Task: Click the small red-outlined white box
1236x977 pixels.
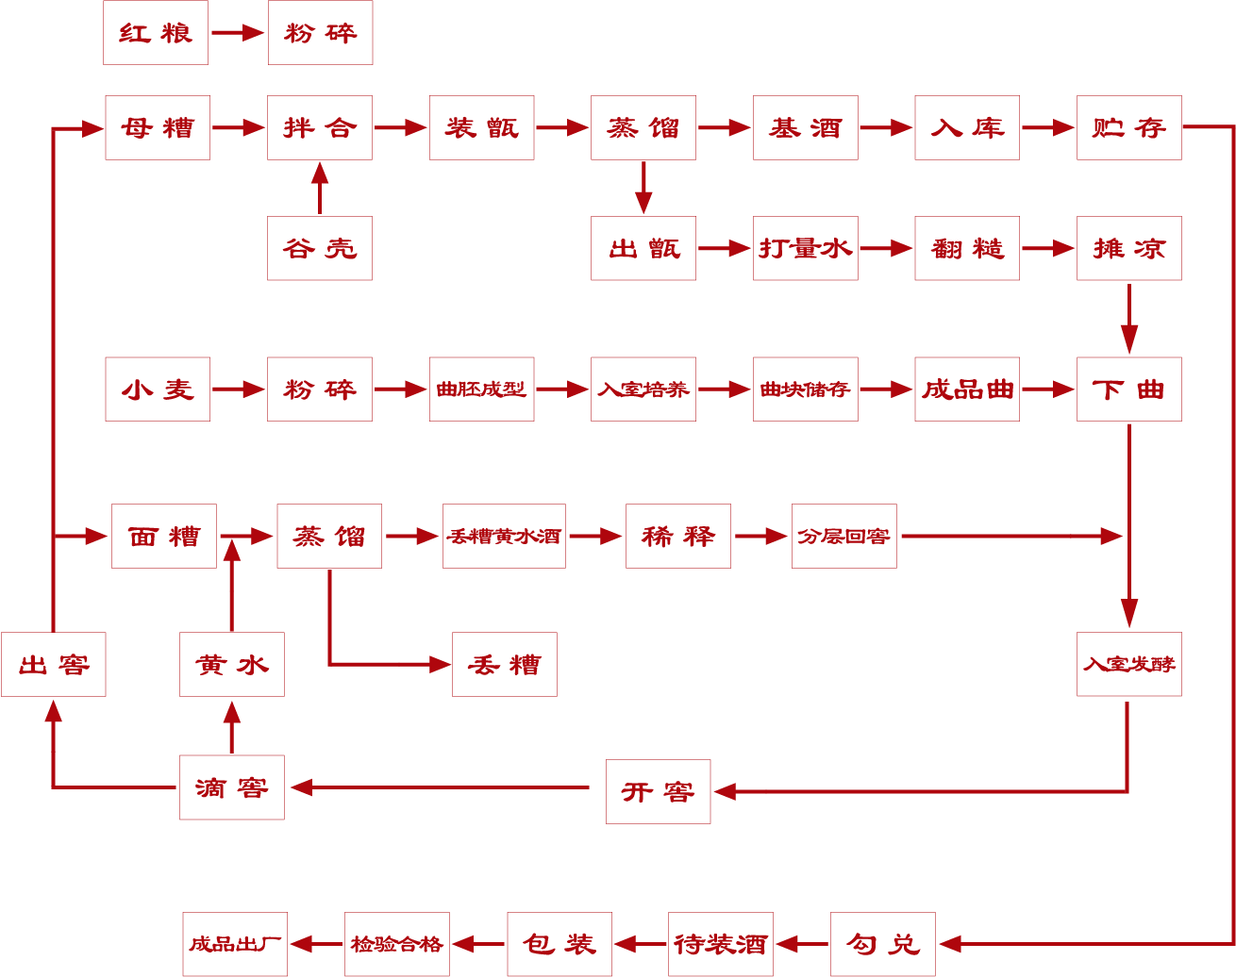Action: [x=8, y=664]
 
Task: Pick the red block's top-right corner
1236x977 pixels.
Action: [x=1234, y=1]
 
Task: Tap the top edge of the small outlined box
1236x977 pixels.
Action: [x=8, y=633]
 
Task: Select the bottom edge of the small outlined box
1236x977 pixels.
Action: [x=8, y=696]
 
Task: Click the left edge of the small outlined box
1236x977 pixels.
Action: [x=1, y=664]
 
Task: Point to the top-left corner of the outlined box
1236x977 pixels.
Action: [x=1, y=633]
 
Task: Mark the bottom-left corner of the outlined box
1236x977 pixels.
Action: [x=1, y=696]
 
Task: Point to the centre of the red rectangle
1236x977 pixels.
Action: [x=626, y=483]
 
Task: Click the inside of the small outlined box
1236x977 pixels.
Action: [x=8, y=664]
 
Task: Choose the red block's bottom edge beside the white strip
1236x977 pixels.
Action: [x=491, y=975]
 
